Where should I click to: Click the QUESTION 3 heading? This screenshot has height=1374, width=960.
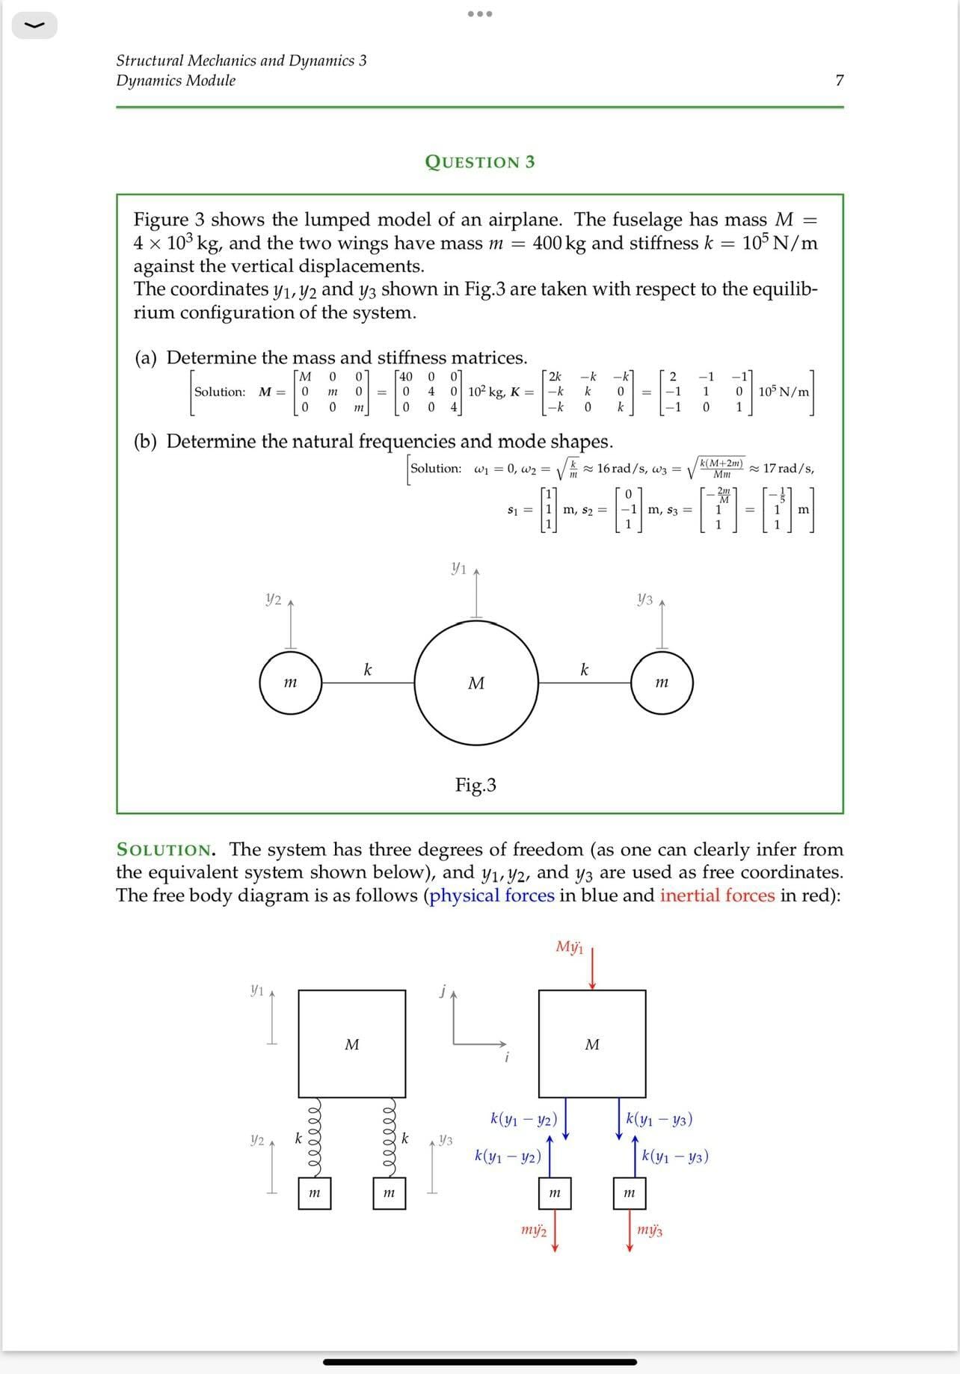point(479,162)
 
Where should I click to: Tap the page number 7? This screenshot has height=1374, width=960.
point(839,81)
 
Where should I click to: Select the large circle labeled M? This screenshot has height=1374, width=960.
point(476,683)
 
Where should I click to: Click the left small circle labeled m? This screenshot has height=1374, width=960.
point(291,683)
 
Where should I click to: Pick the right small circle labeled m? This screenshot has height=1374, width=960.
point(662,683)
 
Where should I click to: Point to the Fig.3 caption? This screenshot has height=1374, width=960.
point(476,785)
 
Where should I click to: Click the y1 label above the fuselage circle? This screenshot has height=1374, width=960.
point(459,569)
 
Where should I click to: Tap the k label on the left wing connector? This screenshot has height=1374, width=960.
point(367,670)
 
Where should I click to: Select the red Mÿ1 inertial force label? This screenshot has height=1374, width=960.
point(569,947)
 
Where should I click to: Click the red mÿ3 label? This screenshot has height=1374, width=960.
point(650,1230)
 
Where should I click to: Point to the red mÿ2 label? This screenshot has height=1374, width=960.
point(533,1230)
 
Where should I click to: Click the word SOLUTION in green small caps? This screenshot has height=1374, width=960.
point(164,850)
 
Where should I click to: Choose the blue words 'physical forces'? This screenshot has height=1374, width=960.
point(491,896)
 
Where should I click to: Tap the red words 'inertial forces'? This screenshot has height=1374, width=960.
point(717,896)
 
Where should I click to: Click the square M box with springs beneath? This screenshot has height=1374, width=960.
point(352,1044)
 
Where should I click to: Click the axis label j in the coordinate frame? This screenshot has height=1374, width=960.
point(443,992)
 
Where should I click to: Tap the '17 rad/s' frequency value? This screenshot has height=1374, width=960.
point(788,469)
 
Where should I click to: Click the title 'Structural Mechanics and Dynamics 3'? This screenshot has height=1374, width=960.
point(241,61)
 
